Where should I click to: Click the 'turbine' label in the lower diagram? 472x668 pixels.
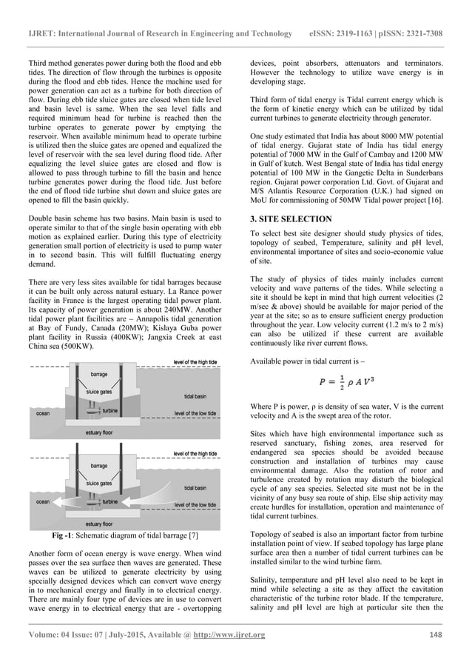[110, 501]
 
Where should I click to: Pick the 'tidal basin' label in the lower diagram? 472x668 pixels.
[195, 489]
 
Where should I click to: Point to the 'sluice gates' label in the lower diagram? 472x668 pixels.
[99, 482]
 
